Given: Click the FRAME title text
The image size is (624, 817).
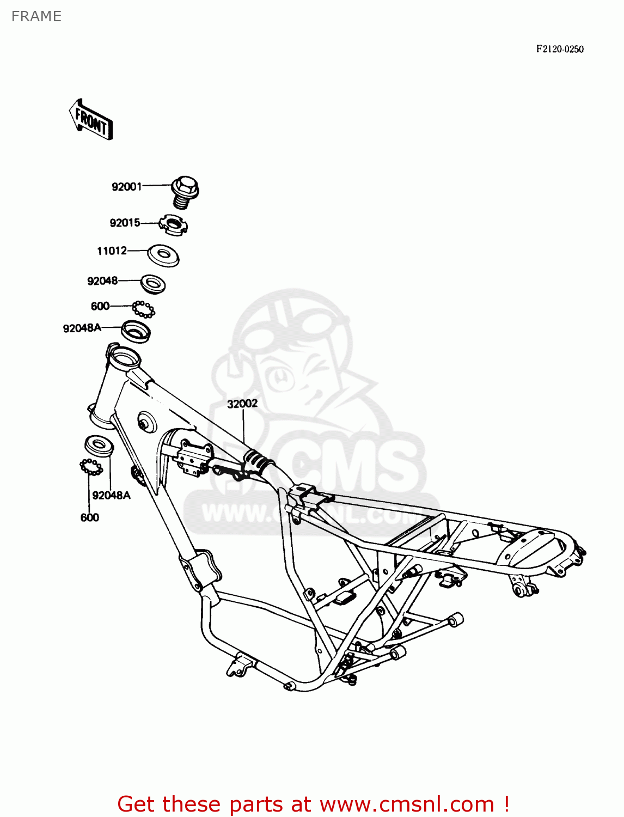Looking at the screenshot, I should click(36, 16).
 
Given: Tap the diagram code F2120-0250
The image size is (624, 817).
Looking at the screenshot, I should click(559, 49).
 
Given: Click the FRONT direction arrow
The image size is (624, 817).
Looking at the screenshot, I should click(91, 120).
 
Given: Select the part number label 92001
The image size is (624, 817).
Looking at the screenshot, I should click(126, 187).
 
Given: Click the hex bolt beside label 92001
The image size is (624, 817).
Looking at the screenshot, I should click(185, 192).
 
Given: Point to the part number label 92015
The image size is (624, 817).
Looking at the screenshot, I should click(125, 223).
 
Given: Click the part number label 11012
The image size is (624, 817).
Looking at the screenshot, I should click(112, 251).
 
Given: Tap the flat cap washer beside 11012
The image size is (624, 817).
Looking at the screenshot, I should click(163, 255).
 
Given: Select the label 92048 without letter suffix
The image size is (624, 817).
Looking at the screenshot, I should click(102, 281).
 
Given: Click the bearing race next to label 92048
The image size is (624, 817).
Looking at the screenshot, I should click(153, 284).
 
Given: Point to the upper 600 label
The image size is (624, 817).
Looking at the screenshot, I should click(100, 306).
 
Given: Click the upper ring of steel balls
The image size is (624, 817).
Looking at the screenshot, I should click(144, 309).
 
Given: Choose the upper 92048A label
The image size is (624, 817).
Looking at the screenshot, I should click(82, 328).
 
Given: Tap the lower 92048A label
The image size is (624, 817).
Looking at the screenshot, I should click(111, 495).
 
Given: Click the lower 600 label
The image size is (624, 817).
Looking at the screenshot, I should click(89, 517).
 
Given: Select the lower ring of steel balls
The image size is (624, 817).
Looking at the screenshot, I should click(91, 467).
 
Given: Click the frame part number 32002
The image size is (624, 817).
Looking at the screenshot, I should click(242, 404).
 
